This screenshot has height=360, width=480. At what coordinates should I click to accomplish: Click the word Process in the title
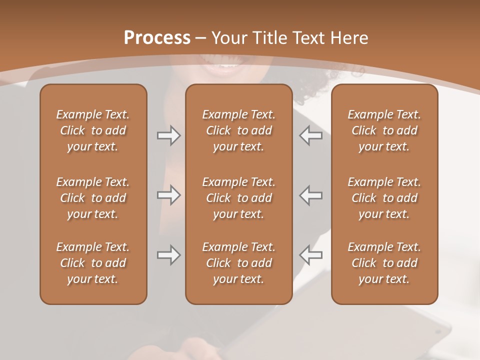coord(157,37)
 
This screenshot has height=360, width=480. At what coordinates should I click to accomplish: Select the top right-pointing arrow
coord(168,135)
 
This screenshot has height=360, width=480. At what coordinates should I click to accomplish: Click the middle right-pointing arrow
coord(168,195)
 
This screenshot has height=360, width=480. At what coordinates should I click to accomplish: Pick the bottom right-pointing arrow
coord(168,255)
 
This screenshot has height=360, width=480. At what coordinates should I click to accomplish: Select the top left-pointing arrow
coord(310,135)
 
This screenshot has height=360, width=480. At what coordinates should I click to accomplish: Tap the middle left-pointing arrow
coord(310,195)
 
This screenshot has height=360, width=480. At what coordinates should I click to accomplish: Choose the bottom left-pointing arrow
coord(310,255)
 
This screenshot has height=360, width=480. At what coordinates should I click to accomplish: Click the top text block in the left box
coord(93,130)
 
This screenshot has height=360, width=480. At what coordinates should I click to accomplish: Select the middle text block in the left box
coord(93,198)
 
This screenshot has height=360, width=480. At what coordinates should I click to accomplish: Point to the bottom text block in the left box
coord(93,263)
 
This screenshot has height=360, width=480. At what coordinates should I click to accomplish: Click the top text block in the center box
coord(238,130)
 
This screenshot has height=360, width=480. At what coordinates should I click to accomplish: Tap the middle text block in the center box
coord(238,198)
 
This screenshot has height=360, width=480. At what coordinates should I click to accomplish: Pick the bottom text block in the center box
coord(238,263)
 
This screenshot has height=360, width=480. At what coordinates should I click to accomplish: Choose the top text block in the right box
coord(384,130)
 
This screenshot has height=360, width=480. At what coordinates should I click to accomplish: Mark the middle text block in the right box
coord(384,198)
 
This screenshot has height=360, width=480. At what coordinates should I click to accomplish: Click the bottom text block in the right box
coord(384,263)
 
